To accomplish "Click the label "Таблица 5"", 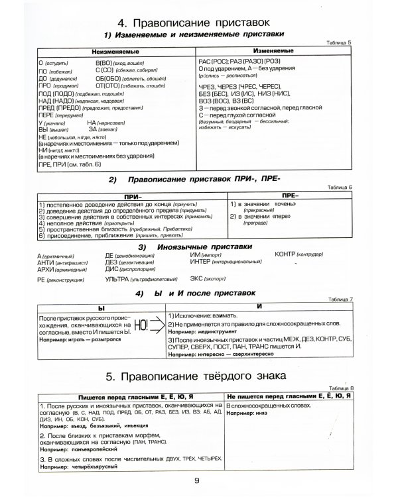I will click(x=343, y=42).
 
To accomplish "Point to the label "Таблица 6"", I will click(x=343, y=189).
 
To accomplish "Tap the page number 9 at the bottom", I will click(x=197, y=482).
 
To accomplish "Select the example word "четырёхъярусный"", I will click(x=90, y=467).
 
